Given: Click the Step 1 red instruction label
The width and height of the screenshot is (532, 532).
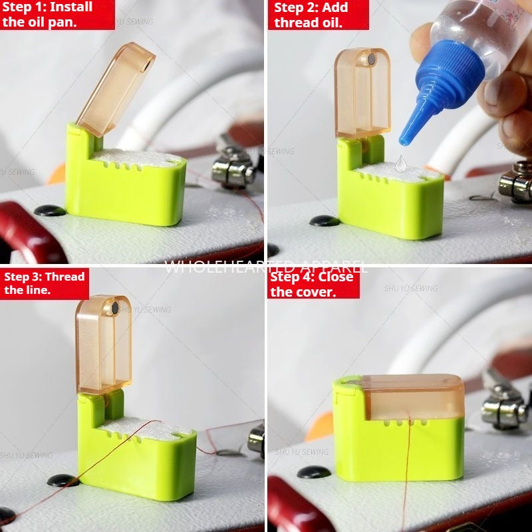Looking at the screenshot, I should coord(57,14).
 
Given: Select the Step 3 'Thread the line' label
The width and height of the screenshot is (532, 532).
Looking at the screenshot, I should coord(44,283).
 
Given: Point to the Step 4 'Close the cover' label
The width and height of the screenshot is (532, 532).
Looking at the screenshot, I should coord(313,283).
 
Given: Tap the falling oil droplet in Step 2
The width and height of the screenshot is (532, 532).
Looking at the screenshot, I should coord(400,163).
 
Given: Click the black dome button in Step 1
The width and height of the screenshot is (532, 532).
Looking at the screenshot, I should coord(50,211).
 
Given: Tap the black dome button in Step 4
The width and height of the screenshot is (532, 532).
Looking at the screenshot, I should coord(313,472).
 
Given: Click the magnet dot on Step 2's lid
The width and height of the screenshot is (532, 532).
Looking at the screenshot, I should coord(371,60).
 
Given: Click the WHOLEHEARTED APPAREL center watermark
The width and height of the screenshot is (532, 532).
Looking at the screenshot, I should coord(266,267).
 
